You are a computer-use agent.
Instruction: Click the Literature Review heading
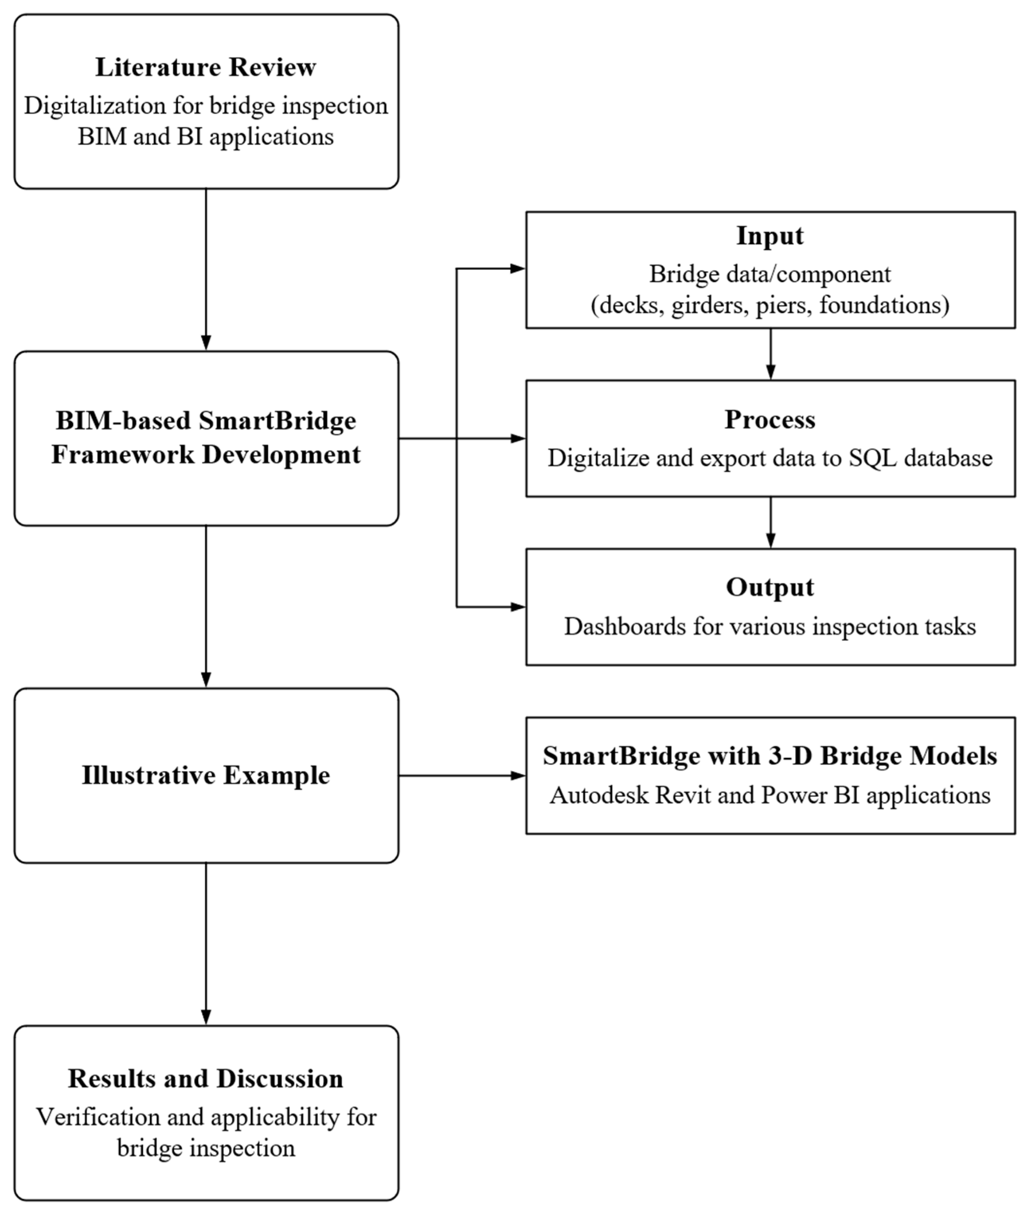(205, 67)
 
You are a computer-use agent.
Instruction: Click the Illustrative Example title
(205, 775)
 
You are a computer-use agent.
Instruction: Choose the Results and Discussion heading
(205, 1078)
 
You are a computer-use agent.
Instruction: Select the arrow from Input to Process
(770, 354)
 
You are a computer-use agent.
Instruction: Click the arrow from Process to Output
(770, 522)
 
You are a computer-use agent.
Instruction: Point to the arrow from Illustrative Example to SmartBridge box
(461, 775)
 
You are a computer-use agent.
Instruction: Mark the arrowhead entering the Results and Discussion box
(205, 1017)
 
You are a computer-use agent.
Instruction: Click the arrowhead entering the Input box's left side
(518, 269)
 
